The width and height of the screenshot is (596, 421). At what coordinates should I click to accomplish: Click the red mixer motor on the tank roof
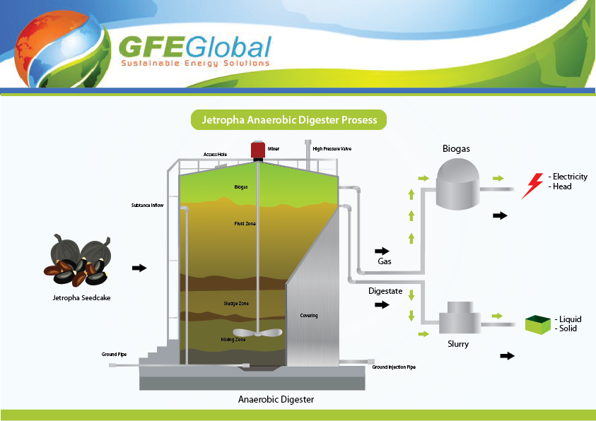tap(257, 150)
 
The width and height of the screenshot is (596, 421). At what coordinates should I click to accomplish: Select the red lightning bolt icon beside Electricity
tap(532, 186)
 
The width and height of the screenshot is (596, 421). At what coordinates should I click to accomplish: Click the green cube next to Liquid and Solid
tap(538, 324)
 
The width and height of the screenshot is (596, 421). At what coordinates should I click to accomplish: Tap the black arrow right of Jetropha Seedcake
tap(140, 268)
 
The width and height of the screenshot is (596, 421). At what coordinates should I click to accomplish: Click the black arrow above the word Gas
tap(382, 251)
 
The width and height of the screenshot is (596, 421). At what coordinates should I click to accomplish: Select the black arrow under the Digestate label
tap(382, 304)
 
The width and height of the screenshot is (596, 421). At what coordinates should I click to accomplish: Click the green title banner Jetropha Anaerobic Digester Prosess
tap(289, 120)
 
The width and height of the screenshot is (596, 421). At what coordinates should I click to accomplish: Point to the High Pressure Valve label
tap(332, 149)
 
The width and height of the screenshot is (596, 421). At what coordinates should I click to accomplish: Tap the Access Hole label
tap(215, 153)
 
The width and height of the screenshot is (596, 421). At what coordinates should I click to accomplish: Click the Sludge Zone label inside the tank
tap(235, 304)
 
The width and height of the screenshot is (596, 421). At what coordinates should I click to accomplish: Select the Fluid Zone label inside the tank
tap(245, 224)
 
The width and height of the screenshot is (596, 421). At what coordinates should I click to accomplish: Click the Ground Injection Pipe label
tap(394, 367)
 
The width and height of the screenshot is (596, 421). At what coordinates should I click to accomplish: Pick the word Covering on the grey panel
tap(309, 315)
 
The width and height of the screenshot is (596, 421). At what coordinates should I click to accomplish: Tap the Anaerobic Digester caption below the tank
tap(276, 400)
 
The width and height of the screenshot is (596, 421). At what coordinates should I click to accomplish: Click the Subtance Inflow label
tap(148, 206)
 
